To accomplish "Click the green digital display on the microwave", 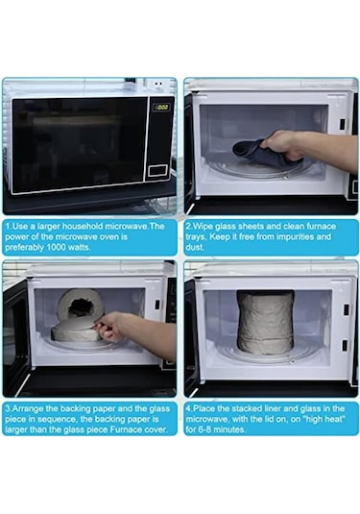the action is [x=161, y=107].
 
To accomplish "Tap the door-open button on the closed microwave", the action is [x=157, y=171].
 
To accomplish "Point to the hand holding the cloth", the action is [x=281, y=145].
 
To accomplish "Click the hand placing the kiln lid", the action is [x=110, y=326].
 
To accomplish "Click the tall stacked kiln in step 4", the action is [x=265, y=322].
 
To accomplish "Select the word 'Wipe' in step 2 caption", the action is [x=203, y=226].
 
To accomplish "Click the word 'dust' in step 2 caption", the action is [x=193, y=247].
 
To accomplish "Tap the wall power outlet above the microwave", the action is [x=158, y=85].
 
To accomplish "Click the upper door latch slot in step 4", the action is [x=346, y=308].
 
